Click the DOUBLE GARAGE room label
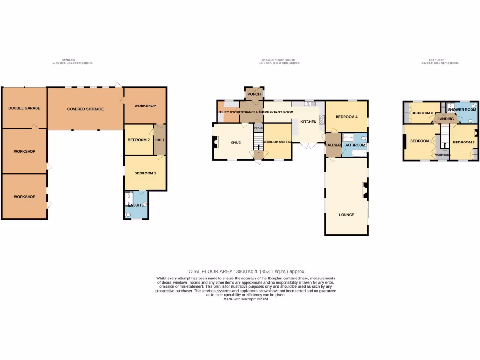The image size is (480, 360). point(24,108)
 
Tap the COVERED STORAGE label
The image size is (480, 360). point(85,109)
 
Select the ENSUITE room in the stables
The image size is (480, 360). point(136,205)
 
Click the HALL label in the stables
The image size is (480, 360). point(160,140)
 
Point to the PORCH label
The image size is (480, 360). point(254,94)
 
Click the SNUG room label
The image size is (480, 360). point(236,142)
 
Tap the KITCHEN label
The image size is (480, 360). point(308,122)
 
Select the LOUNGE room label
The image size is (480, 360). point(346,215)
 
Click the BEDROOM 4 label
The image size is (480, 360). point(347,117)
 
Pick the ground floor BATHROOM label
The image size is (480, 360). point(354,145)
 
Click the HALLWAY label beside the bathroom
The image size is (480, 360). point(333,145)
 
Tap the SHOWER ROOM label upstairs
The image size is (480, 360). point(462,110)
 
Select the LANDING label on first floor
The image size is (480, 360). point(445,119)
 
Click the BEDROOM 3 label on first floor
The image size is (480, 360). point(422,113)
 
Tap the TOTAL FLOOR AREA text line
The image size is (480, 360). point(246,271)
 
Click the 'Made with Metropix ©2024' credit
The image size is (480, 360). point(246,299)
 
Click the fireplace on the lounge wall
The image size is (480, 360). point(364,190)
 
